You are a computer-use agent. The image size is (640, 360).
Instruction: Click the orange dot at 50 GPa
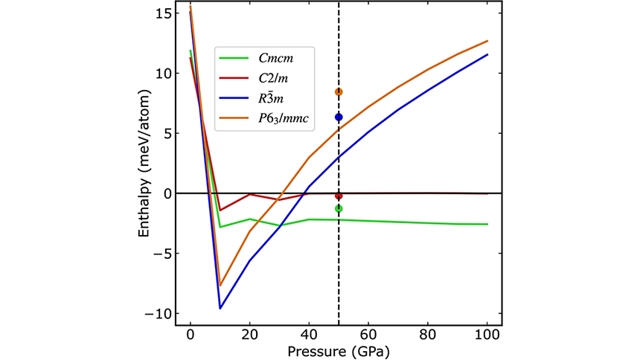339,92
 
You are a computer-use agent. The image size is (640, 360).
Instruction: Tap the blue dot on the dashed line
339,117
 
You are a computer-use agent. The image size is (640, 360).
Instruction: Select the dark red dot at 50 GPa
339,196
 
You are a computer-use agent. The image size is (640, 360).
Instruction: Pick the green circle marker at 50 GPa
339,209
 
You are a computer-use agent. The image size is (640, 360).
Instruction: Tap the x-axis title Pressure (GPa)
339,350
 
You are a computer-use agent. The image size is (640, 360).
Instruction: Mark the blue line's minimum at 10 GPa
220,308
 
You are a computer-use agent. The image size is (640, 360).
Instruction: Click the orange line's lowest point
220,285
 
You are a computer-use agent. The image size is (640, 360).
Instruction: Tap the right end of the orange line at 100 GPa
487,41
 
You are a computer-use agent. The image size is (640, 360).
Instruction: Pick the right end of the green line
487,224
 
